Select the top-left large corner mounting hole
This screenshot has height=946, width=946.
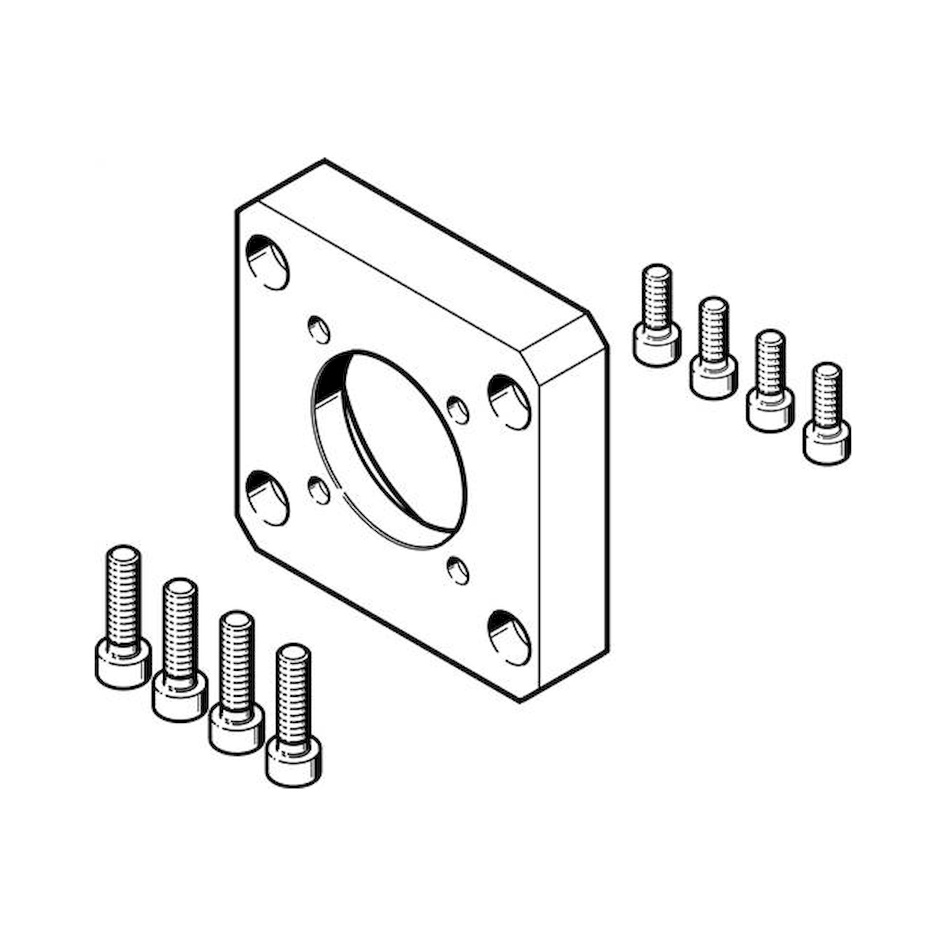coord(267,263)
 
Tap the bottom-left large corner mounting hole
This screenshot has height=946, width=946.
coord(267,498)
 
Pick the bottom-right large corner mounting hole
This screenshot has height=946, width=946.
coord(509,638)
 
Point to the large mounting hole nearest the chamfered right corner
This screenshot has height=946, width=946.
coord(510,402)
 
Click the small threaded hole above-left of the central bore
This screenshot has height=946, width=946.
coord(319,330)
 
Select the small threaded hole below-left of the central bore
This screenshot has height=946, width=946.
coord(319,491)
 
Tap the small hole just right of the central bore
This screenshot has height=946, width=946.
coord(458,410)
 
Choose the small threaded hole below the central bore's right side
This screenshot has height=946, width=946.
coord(458,571)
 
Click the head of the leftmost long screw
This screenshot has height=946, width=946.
coord(123,663)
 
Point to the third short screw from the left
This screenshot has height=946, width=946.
coord(770,380)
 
